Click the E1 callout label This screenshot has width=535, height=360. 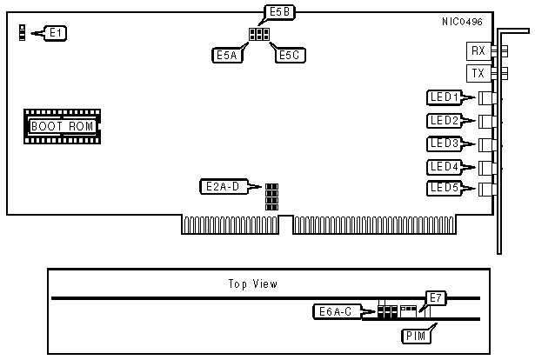(55, 33)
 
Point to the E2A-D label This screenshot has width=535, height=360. (225, 185)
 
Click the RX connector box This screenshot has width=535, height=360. (478, 51)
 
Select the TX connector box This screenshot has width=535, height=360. (478, 74)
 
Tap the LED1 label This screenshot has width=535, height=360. (444, 97)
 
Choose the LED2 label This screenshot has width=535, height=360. (444, 120)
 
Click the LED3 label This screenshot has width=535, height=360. (444, 143)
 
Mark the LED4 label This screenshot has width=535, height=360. (444, 165)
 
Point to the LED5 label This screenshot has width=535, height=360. (444, 188)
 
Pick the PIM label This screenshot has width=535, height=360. (414, 335)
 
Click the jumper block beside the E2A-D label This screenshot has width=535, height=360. (271, 197)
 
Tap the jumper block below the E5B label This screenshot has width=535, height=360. (258, 35)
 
